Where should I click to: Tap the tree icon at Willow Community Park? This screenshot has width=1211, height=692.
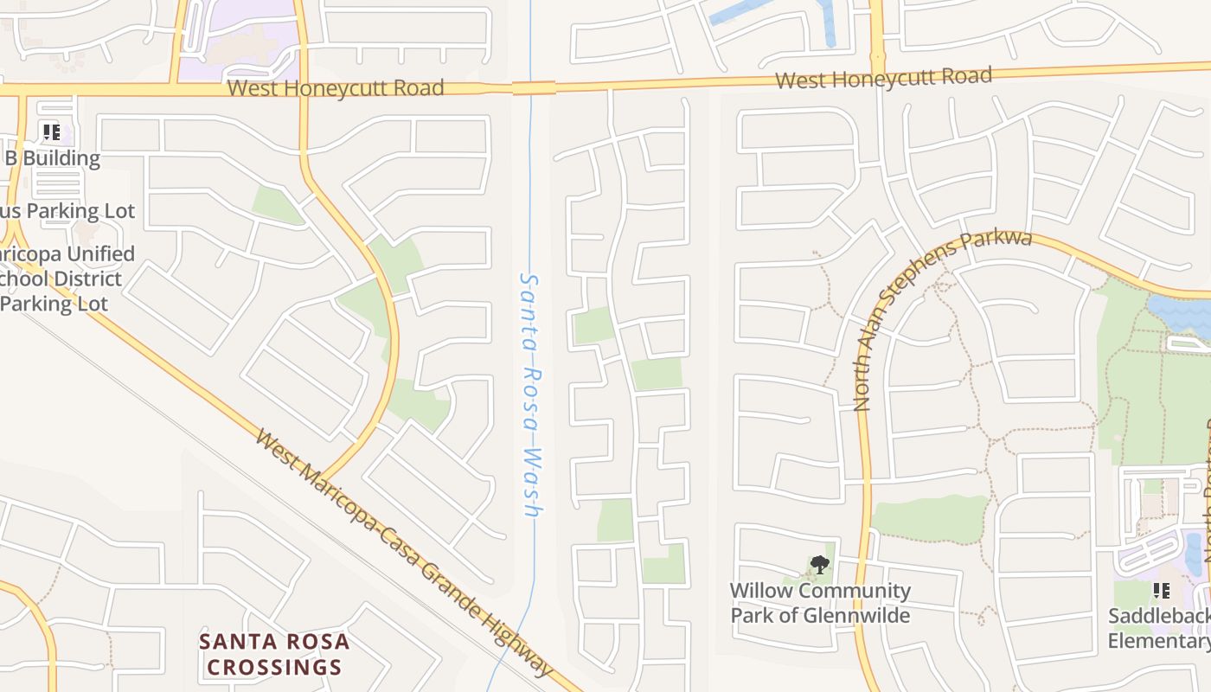tap(819, 566)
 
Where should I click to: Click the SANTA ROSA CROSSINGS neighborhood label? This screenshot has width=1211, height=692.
tap(274, 655)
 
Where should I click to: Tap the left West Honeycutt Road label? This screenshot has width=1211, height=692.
tap(336, 88)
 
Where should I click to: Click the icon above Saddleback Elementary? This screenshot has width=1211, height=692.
tap(1161, 591)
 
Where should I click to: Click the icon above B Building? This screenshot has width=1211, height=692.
tap(51, 132)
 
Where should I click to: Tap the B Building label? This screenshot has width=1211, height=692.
tap(53, 158)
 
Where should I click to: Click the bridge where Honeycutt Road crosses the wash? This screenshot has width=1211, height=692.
tap(533, 87)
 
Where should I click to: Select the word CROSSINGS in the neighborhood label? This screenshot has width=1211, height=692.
tap(274, 668)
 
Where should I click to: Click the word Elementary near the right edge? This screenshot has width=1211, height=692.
tap(1161, 641)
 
